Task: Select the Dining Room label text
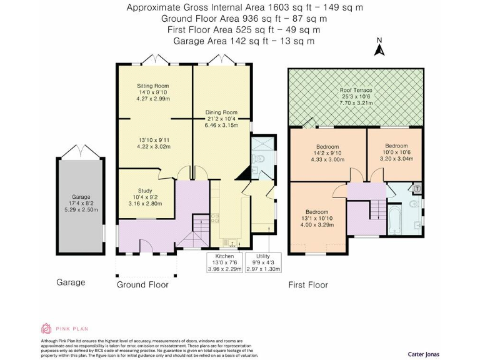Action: point(221,113)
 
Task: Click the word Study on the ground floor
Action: point(145,192)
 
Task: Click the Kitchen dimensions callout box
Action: point(225,262)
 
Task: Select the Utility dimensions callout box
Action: point(264,262)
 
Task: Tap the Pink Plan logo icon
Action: point(46,329)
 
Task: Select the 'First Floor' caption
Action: point(307,285)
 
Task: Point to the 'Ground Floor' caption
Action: point(142,285)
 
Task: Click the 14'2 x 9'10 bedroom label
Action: point(327,153)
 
